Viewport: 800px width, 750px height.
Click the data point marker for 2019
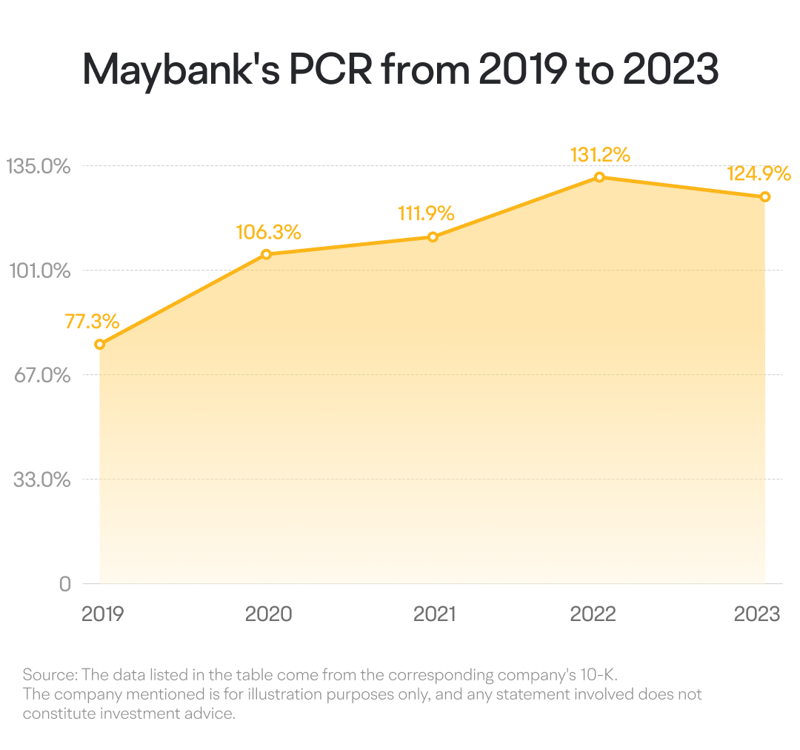tap(100, 345)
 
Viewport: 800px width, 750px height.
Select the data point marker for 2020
tap(267, 254)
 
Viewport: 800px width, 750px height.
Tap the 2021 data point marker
tap(433, 237)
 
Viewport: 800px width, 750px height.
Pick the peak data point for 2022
tap(599, 177)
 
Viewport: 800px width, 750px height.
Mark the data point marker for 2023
tap(764, 196)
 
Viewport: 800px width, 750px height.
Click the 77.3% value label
tap(92, 322)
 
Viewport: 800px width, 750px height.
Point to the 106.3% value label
tap(268, 232)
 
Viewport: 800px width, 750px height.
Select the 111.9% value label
tap(426, 213)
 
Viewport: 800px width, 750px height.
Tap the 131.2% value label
tap(600, 155)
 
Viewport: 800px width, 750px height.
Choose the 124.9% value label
tap(759, 173)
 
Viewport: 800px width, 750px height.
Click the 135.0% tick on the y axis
tap(39, 167)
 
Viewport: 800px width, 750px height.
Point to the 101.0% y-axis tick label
tap(40, 271)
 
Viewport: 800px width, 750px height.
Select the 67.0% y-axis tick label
tap(42, 375)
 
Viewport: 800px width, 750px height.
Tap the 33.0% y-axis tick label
tap(41, 480)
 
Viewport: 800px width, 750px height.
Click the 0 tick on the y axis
tap(64, 584)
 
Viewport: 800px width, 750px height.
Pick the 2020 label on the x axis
tap(268, 614)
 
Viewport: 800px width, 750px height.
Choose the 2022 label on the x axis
tap(593, 614)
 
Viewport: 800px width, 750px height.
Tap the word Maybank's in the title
tap(181, 71)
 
